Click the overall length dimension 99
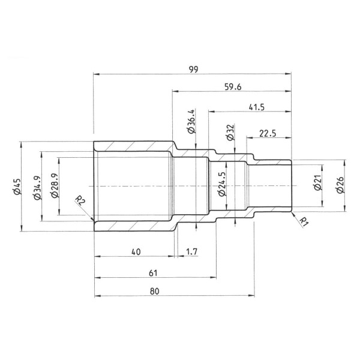[x=193, y=69]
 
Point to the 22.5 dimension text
[x=268, y=134]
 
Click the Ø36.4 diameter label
[x=191, y=122]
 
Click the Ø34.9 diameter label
[x=37, y=187]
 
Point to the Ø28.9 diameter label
[x=55, y=187]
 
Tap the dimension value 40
[x=136, y=252]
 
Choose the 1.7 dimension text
[x=191, y=252]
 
